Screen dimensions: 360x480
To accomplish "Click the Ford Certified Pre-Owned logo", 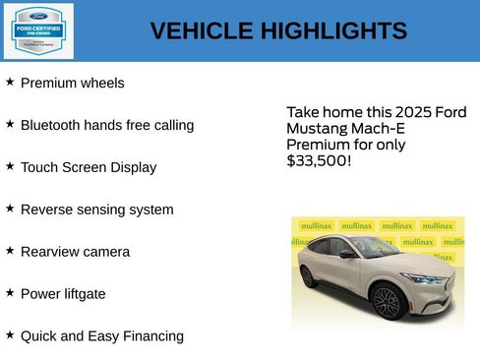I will [37, 30].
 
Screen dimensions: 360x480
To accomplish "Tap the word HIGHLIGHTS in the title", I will [333, 31].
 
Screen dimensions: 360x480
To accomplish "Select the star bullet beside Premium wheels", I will [10, 83].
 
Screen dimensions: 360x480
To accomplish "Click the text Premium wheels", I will [73, 84].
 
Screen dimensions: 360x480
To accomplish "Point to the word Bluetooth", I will [50, 126].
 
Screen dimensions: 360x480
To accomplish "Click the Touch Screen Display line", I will [89, 168].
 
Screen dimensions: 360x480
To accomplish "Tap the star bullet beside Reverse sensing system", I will [10, 209].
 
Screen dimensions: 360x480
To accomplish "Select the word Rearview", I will [50, 252].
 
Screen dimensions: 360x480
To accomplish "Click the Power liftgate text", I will [63, 294].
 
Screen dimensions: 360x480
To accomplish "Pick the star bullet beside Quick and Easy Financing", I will [10, 335].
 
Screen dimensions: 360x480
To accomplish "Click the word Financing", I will [150, 336].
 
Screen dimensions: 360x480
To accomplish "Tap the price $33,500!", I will [319, 160].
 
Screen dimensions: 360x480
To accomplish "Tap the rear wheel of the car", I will [309, 277].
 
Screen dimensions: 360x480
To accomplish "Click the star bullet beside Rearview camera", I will [10, 251].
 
